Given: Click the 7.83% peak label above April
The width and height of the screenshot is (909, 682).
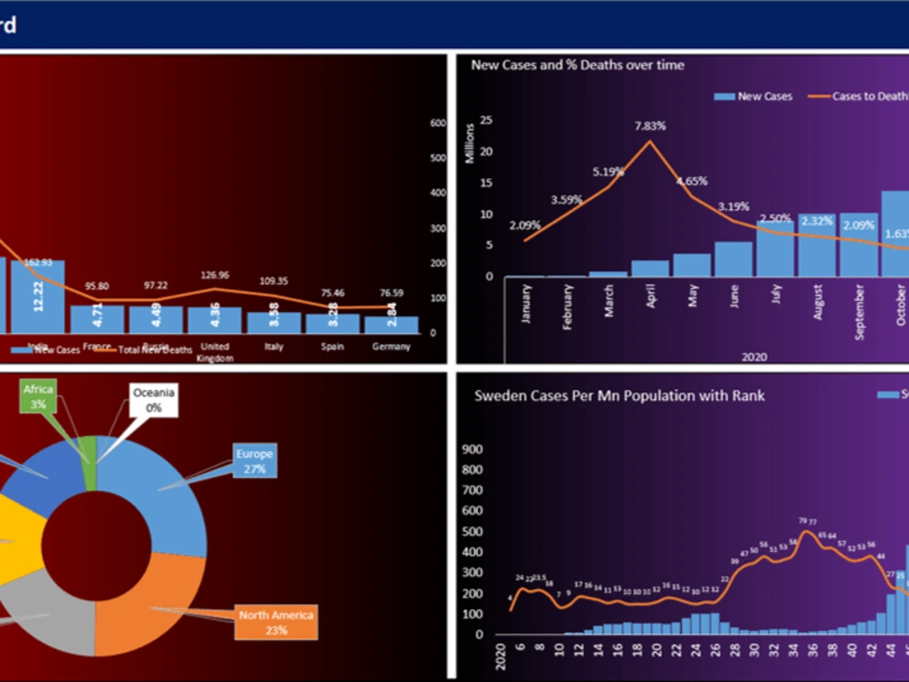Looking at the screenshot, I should tap(651, 125).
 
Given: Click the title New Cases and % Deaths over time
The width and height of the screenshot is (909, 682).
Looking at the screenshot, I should tap(577, 65).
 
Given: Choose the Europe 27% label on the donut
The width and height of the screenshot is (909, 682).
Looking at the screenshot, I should tap(255, 461).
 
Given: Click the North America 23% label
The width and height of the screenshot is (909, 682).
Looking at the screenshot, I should tap(276, 622).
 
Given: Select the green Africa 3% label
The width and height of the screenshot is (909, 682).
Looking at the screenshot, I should tap(39, 396).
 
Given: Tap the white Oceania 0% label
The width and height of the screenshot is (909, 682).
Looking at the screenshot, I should tap(153, 401).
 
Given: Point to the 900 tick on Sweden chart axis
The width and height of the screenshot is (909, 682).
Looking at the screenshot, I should tap(472, 448).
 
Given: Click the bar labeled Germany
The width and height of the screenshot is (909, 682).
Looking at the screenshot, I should tap(391, 325).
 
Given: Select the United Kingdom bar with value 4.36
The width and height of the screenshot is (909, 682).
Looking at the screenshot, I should tap(215, 320).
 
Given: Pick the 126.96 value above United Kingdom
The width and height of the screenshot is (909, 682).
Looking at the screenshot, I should tap(215, 276).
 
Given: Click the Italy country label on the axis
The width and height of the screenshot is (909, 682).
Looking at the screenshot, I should tap(274, 346).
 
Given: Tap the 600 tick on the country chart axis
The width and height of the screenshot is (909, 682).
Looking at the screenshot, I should tap(437, 123).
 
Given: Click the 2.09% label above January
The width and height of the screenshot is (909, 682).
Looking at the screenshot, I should tap(525, 225).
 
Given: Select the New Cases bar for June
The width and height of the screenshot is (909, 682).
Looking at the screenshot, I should tap(734, 259).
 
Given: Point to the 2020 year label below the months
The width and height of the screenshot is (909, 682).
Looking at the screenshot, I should tap(754, 356).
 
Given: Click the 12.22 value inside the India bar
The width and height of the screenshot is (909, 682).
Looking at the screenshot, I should tap(38, 296).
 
